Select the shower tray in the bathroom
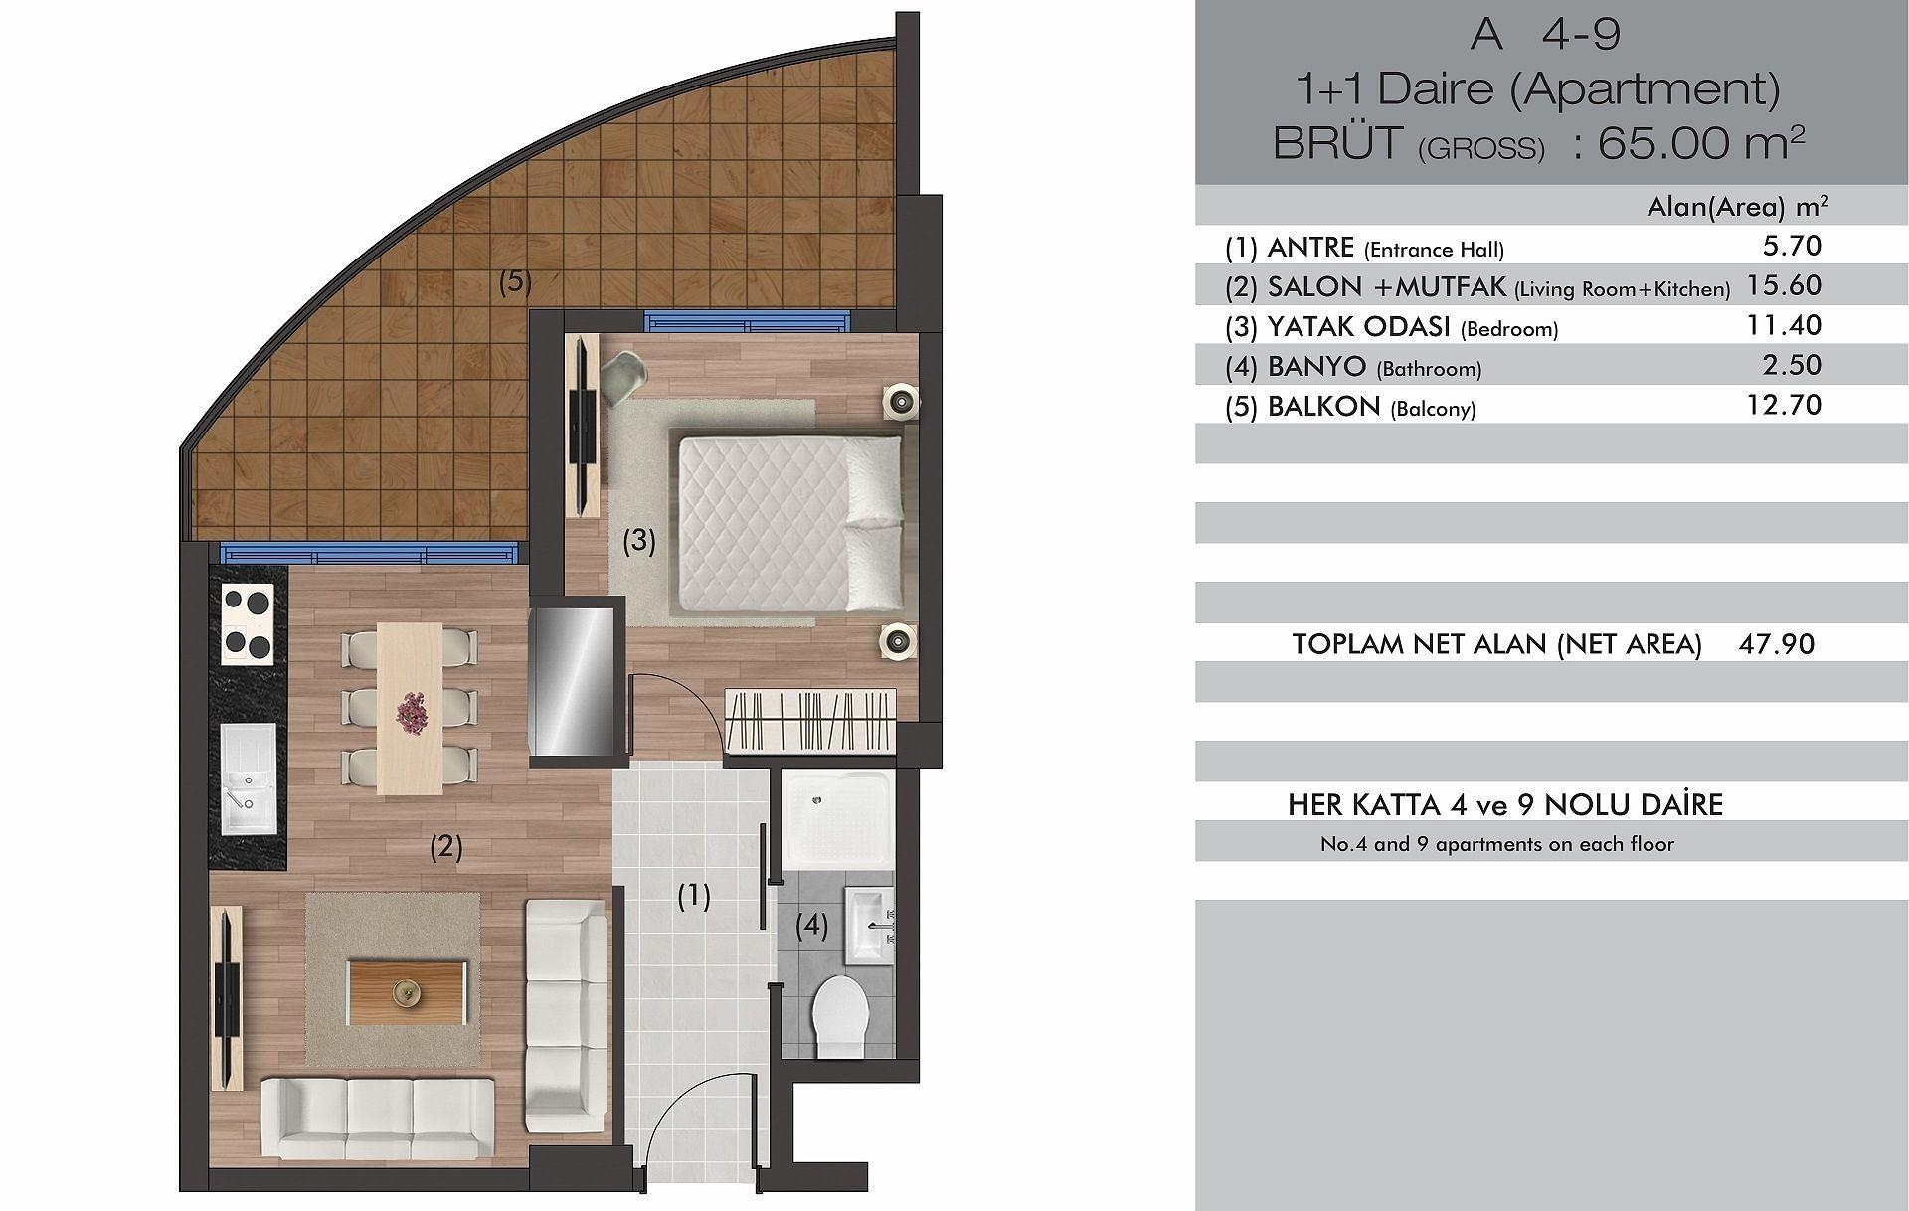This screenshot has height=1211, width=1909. tap(836, 822)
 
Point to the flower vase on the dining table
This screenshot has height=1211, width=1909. tap(409, 711)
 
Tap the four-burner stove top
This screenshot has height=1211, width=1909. tap(248, 622)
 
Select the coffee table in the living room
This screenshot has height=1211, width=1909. tap(408, 992)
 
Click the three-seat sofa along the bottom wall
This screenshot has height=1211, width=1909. tap(377, 1119)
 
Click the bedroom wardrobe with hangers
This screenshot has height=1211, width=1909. tap(809, 719)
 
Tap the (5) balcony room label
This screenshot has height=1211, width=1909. tap(515, 281)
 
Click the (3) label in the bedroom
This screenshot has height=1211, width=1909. tap(639, 540)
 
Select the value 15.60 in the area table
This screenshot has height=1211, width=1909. tap(1784, 285)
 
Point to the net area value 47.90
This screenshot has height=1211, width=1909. tap(1777, 643)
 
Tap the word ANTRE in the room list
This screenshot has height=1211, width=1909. tap(1310, 247)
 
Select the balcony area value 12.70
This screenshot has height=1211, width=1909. tap(1784, 405)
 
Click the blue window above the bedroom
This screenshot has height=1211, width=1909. tap(749, 321)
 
